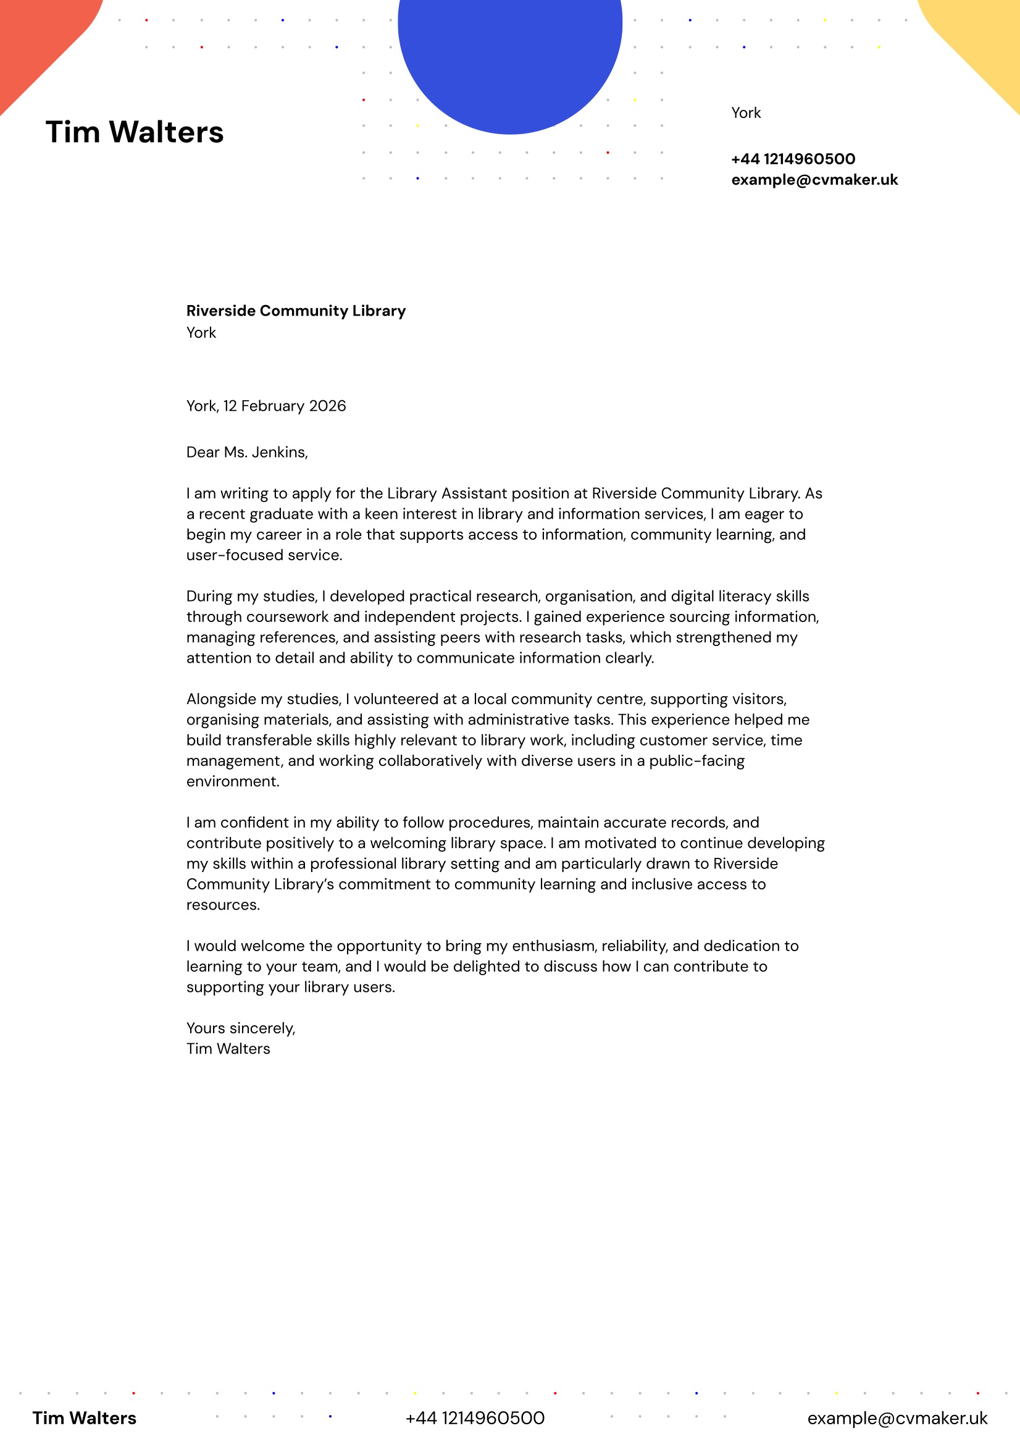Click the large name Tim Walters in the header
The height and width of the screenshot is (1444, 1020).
click(x=135, y=133)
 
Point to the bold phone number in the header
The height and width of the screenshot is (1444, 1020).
click(x=793, y=159)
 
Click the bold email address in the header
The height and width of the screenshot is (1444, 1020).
click(x=814, y=180)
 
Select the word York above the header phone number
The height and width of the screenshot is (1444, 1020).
click(x=746, y=113)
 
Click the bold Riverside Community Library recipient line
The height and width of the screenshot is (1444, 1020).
click(x=296, y=311)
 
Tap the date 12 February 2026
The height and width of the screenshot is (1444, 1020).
click(x=284, y=406)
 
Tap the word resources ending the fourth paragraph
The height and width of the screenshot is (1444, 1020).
click(x=222, y=905)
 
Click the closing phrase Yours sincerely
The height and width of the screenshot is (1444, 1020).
click(x=240, y=1028)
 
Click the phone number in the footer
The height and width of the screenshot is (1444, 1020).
click(x=475, y=1418)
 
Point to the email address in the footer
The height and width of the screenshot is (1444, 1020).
click(x=897, y=1418)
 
